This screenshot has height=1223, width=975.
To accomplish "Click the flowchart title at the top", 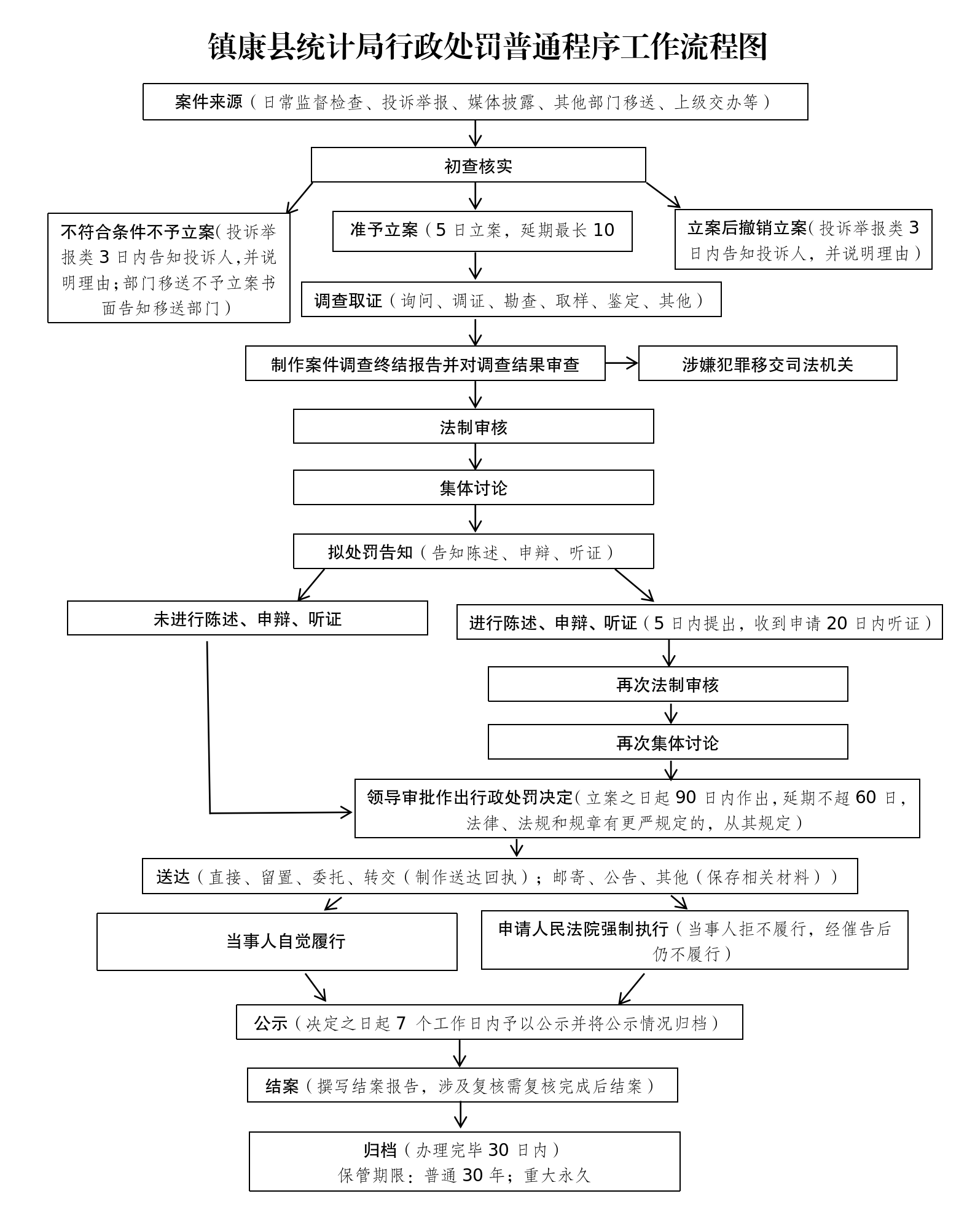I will (x=487, y=47).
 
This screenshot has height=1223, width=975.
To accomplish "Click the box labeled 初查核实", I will (x=478, y=166).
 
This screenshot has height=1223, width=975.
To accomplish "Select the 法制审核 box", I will (x=473, y=427).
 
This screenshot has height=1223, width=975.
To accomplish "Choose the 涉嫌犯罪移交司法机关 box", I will (x=767, y=364).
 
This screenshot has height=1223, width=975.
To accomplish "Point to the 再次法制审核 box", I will (x=667, y=685).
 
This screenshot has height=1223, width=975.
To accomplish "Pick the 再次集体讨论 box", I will (x=667, y=743).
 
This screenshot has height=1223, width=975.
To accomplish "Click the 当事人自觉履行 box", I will (x=286, y=941).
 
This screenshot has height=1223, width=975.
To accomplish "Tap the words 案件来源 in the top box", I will (x=209, y=102).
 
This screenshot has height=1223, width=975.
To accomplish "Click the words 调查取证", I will (x=348, y=301).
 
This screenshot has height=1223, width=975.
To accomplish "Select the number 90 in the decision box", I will (x=685, y=797).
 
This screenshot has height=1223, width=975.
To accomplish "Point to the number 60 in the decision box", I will (x=865, y=797).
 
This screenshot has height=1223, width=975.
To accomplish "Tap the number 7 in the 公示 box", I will (x=401, y=1023).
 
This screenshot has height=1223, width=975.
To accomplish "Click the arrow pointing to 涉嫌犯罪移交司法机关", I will (x=622, y=363).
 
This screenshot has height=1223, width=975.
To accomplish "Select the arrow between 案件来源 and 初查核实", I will (x=476, y=133).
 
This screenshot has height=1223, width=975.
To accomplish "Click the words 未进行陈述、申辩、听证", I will (x=247, y=619).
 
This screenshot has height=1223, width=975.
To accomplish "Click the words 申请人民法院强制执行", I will (x=582, y=929).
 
